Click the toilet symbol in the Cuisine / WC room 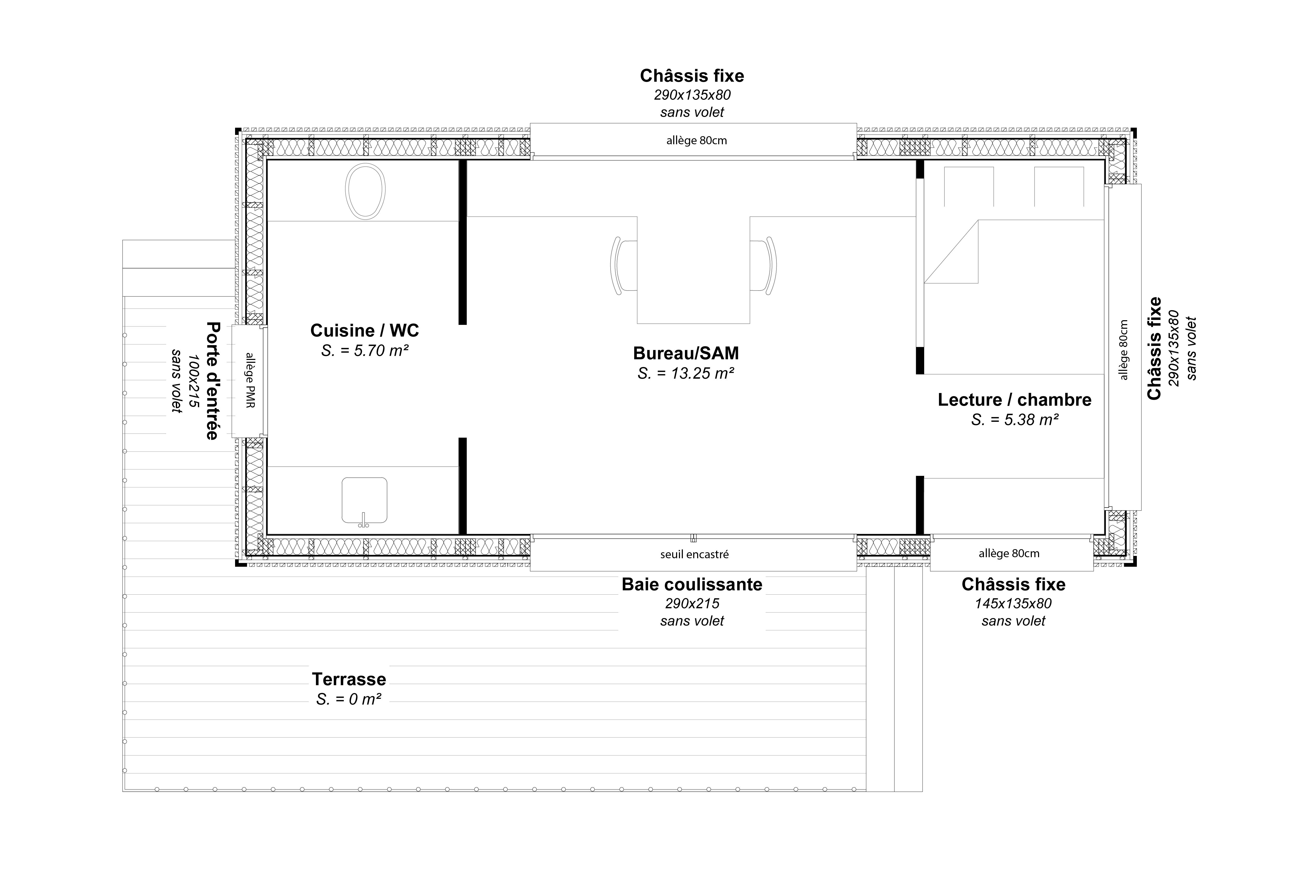coord(365,190)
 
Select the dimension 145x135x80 coord(1013,603)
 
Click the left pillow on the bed coord(969,187)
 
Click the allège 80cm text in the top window coord(696,141)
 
